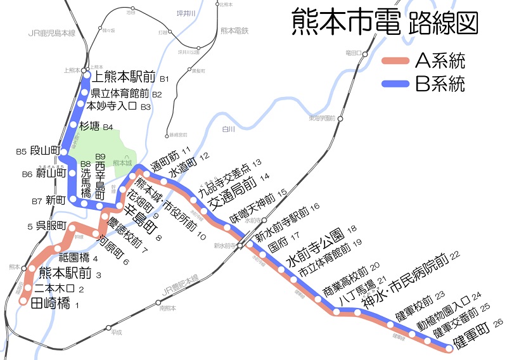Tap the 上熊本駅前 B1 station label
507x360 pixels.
125,78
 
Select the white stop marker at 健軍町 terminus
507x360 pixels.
449,347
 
